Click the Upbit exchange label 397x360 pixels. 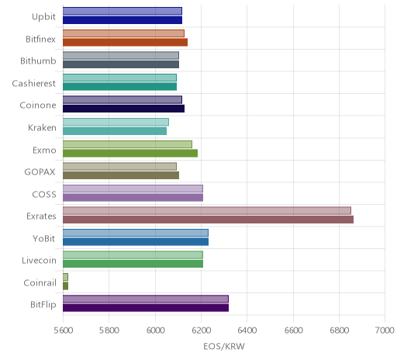click(43, 17)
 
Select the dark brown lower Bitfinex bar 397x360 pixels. click(125, 42)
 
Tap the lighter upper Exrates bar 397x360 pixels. click(207, 210)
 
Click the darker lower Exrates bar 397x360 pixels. click(208, 220)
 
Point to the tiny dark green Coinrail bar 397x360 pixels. click(65, 286)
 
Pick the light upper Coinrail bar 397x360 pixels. click(65, 277)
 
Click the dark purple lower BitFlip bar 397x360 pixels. click(146, 308)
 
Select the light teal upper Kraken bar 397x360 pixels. click(116, 122)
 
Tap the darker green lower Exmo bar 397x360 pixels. click(130, 153)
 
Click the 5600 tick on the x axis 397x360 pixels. click(64, 331)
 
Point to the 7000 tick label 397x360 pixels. click(385, 331)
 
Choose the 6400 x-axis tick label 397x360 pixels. click(247, 331)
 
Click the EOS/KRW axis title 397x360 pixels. click(224, 346)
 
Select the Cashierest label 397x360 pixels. click(34, 83)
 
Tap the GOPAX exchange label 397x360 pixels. click(40, 172)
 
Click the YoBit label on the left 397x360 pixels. click(44, 238)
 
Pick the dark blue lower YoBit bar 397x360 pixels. click(136, 242)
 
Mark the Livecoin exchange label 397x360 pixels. click(39, 260)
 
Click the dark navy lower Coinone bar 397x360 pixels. click(123, 109)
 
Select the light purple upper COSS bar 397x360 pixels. click(133, 189)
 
